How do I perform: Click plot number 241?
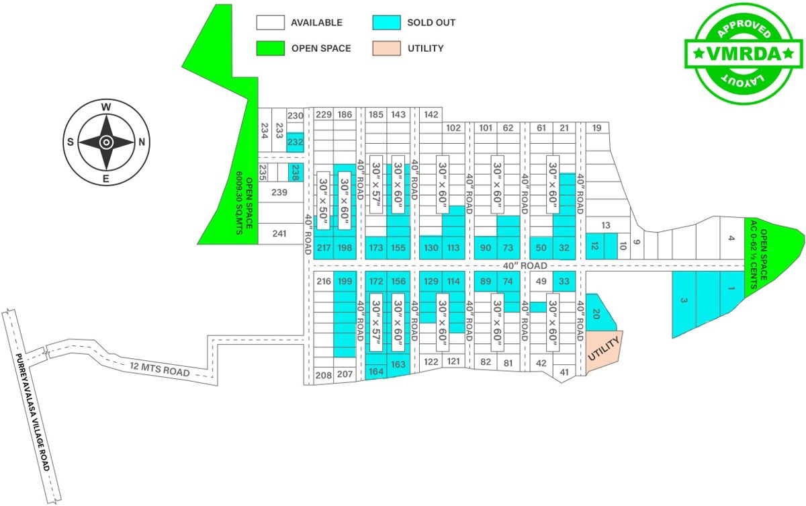279,234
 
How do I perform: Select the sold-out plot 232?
295,142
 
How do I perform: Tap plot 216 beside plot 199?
324,281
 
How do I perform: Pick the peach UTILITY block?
604,351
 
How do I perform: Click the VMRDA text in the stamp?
744,54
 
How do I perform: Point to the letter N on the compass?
142,142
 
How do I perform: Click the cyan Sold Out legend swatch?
386,22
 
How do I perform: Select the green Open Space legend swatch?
270,48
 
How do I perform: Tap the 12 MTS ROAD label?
160,369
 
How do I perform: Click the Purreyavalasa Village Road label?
32,412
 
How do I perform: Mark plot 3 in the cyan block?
684,302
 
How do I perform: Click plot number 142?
431,115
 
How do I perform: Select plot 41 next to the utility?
564,372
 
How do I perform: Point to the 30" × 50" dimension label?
324,200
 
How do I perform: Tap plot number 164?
376,372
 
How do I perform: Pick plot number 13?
606,225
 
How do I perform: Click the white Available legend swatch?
270,22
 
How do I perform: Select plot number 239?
279,192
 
